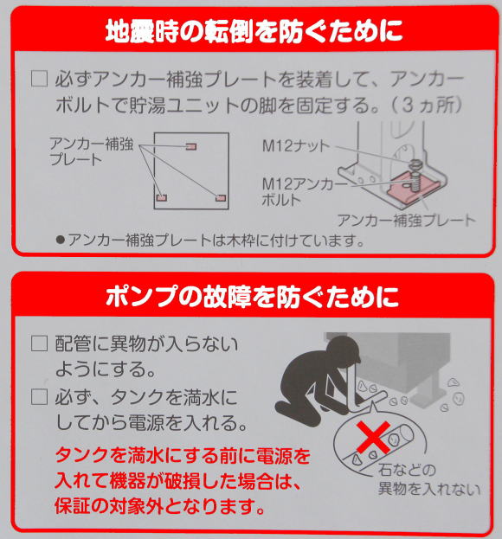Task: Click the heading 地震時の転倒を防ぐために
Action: [x=254, y=31]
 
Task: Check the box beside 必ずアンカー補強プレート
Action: [x=39, y=79]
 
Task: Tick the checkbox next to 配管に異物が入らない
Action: [x=39, y=343]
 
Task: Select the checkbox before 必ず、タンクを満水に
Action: [x=39, y=397]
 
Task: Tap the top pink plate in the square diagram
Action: [x=191, y=147]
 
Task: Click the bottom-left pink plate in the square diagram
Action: [x=161, y=197]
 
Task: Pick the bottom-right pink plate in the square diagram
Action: [x=221, y=198]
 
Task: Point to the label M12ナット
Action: [x=296, y=146]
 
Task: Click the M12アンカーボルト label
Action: [x=305, y=192]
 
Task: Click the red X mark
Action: [x=374, y=437]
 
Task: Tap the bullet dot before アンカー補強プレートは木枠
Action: [x=61, y=241]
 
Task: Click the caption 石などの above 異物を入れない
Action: [x=407, y=471]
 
